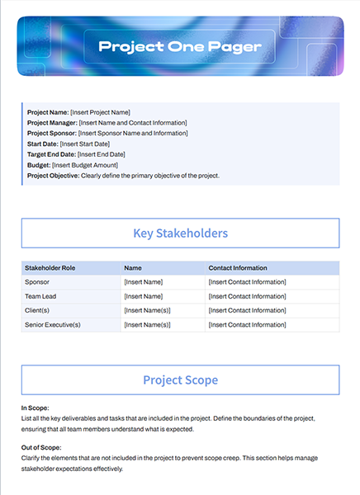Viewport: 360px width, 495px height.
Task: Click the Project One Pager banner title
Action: [x=180, y=46]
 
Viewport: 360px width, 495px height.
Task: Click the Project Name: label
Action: [x=48, y=112]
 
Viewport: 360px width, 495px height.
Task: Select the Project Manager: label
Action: [x=54, y=123]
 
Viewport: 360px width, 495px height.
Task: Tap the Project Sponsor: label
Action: [x=52, y=133]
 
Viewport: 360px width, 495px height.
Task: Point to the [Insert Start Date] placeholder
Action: [x=88, y=144]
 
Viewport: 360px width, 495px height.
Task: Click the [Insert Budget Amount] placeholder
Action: [x=89, y=165]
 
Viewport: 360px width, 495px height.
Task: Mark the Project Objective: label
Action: [x=54, y=176]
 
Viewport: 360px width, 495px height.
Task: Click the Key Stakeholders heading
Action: [x=180, y=233]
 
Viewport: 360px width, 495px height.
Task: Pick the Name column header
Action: [x=132, y=268]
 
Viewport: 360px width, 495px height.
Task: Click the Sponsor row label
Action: [x=38, y=282]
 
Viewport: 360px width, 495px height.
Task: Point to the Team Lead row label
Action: [x=41, y=296]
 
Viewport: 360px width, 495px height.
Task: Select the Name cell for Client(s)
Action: [x=147, y=310]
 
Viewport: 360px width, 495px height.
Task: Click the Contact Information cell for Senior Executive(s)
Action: [x=248, y=325]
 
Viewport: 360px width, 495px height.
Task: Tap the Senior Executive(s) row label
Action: [x=53, y=325]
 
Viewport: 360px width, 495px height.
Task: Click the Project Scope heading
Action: [x=180, y=380]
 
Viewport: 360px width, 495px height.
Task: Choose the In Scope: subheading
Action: [x=36, y=408]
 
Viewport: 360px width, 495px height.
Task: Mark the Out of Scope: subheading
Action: [x=40, y=447]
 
